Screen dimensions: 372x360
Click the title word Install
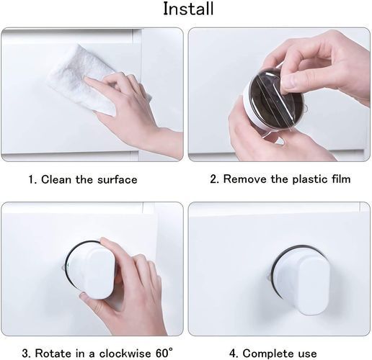tap(188, 9)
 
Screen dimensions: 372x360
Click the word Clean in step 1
tap(56, 179)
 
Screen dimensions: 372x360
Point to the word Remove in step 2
tap(245, 179)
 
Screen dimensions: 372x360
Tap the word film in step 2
tap(342, 179)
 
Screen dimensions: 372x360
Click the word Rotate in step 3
tap(53, 354)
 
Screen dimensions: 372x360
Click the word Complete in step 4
tap(269, 354)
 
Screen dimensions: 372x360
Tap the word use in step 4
tap(308, 354)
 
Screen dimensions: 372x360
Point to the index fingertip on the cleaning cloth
tap(89, 81)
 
